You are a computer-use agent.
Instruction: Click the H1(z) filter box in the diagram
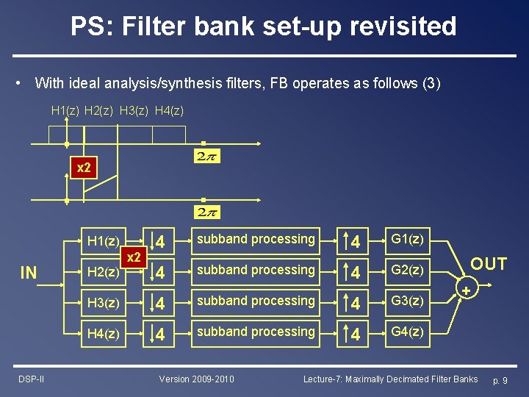[103, 240]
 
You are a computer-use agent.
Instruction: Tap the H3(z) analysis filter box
[103, 302]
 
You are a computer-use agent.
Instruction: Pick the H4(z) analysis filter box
[103, 333]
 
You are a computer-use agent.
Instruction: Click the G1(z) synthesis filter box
[406, 240]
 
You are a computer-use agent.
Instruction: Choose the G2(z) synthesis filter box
[406, 271]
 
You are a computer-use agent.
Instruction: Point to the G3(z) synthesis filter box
[406, 301]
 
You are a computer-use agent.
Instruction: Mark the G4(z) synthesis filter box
[406, 332]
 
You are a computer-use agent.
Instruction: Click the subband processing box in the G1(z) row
[256, 240]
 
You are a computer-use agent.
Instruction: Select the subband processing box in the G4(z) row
[256, 332]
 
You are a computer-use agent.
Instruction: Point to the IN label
[29, 273]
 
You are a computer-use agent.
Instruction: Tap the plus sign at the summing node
[465, 292]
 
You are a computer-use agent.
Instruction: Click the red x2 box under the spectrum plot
[84, 168]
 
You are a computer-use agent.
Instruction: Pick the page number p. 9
[500, 380]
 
